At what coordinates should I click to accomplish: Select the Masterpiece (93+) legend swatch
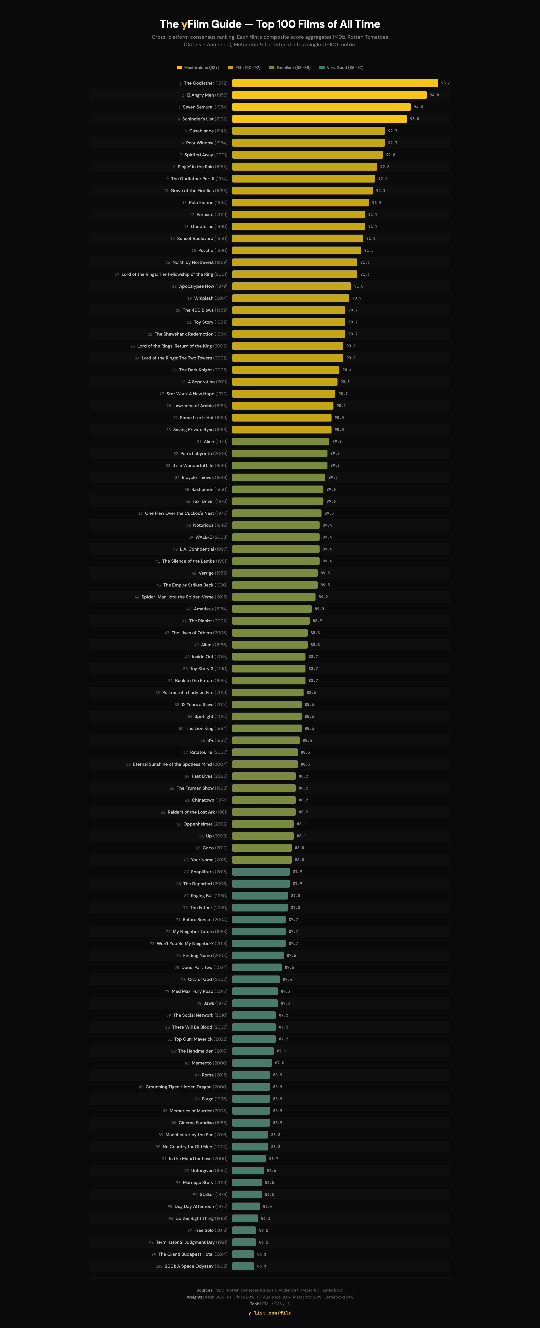(x=180, y=67)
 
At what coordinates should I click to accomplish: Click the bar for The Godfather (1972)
(x=335, y=83)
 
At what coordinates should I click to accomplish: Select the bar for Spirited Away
(x=307, y=155)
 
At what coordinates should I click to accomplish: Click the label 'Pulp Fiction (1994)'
(x=208, y=203)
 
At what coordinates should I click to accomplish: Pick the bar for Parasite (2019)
(x=298, y=215)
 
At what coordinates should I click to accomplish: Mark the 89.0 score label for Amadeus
(x=319, y=609)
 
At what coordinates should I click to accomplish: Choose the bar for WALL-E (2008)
(x=275, y=537)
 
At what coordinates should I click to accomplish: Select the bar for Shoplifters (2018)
(x=261, y=872)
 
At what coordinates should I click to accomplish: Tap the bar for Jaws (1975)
(x=255, y=1003)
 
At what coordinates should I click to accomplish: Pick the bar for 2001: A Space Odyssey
(x=243, y=1266)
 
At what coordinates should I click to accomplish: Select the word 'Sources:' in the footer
(x=205, y=1290)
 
